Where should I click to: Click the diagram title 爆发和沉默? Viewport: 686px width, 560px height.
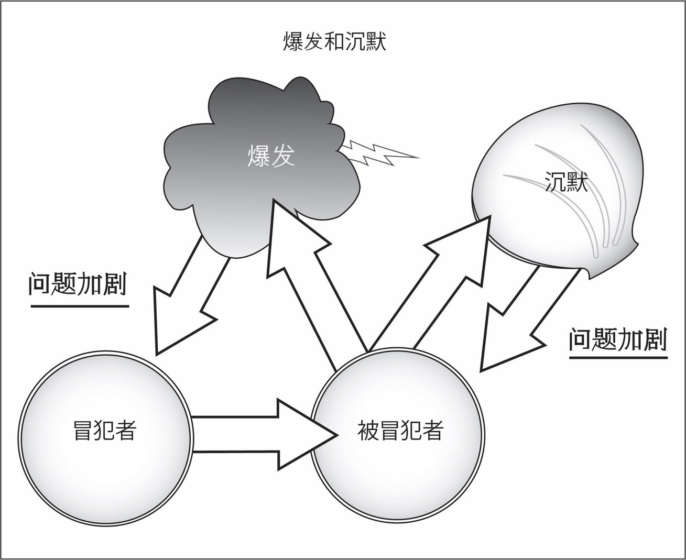coord(334,42)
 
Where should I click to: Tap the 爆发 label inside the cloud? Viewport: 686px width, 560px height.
coord(271,156)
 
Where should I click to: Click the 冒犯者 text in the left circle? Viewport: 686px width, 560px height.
coord(105,431)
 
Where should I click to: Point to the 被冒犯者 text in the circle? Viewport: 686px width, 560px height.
coord(400,431)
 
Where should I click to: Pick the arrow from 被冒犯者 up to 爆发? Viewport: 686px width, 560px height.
coord(309,278)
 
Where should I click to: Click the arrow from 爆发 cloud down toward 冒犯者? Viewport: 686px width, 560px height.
coord(189,299)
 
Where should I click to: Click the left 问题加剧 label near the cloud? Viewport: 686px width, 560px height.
coord(78,284)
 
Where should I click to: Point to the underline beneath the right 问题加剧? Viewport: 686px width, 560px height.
coord(618,358)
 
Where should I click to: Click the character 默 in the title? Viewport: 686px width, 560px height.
coord(373,42)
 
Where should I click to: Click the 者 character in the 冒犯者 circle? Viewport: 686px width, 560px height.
coord(126,431)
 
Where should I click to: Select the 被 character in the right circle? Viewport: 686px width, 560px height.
coord(368,431)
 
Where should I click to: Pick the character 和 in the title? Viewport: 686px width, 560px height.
coord(334,42)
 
